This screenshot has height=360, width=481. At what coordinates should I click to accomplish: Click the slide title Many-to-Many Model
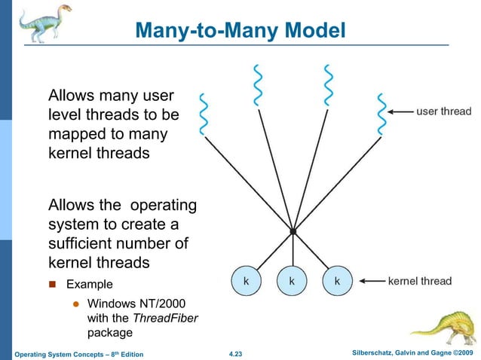point(240,30)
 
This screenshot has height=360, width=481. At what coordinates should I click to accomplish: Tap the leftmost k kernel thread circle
point(246,281)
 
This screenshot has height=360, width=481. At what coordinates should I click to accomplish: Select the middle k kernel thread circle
point(291,281)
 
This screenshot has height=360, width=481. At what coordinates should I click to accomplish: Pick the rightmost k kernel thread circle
point(336,281)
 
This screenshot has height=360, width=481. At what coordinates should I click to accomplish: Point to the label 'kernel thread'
point(420,282)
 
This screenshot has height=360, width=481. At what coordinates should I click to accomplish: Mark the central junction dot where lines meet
point(293,231)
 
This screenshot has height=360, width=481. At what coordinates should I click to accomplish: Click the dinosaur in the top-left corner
point(41,23)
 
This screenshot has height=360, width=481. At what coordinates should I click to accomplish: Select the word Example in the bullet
point(90,285)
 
